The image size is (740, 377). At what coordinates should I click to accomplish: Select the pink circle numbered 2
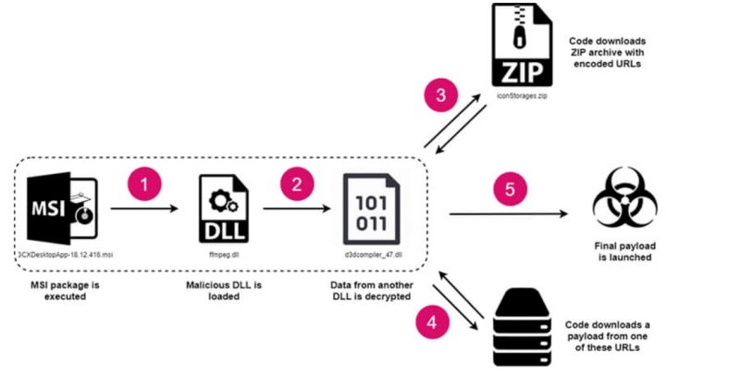click(x=295, y=183)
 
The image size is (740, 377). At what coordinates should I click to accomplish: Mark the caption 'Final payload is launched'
click(x=626, y=253)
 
